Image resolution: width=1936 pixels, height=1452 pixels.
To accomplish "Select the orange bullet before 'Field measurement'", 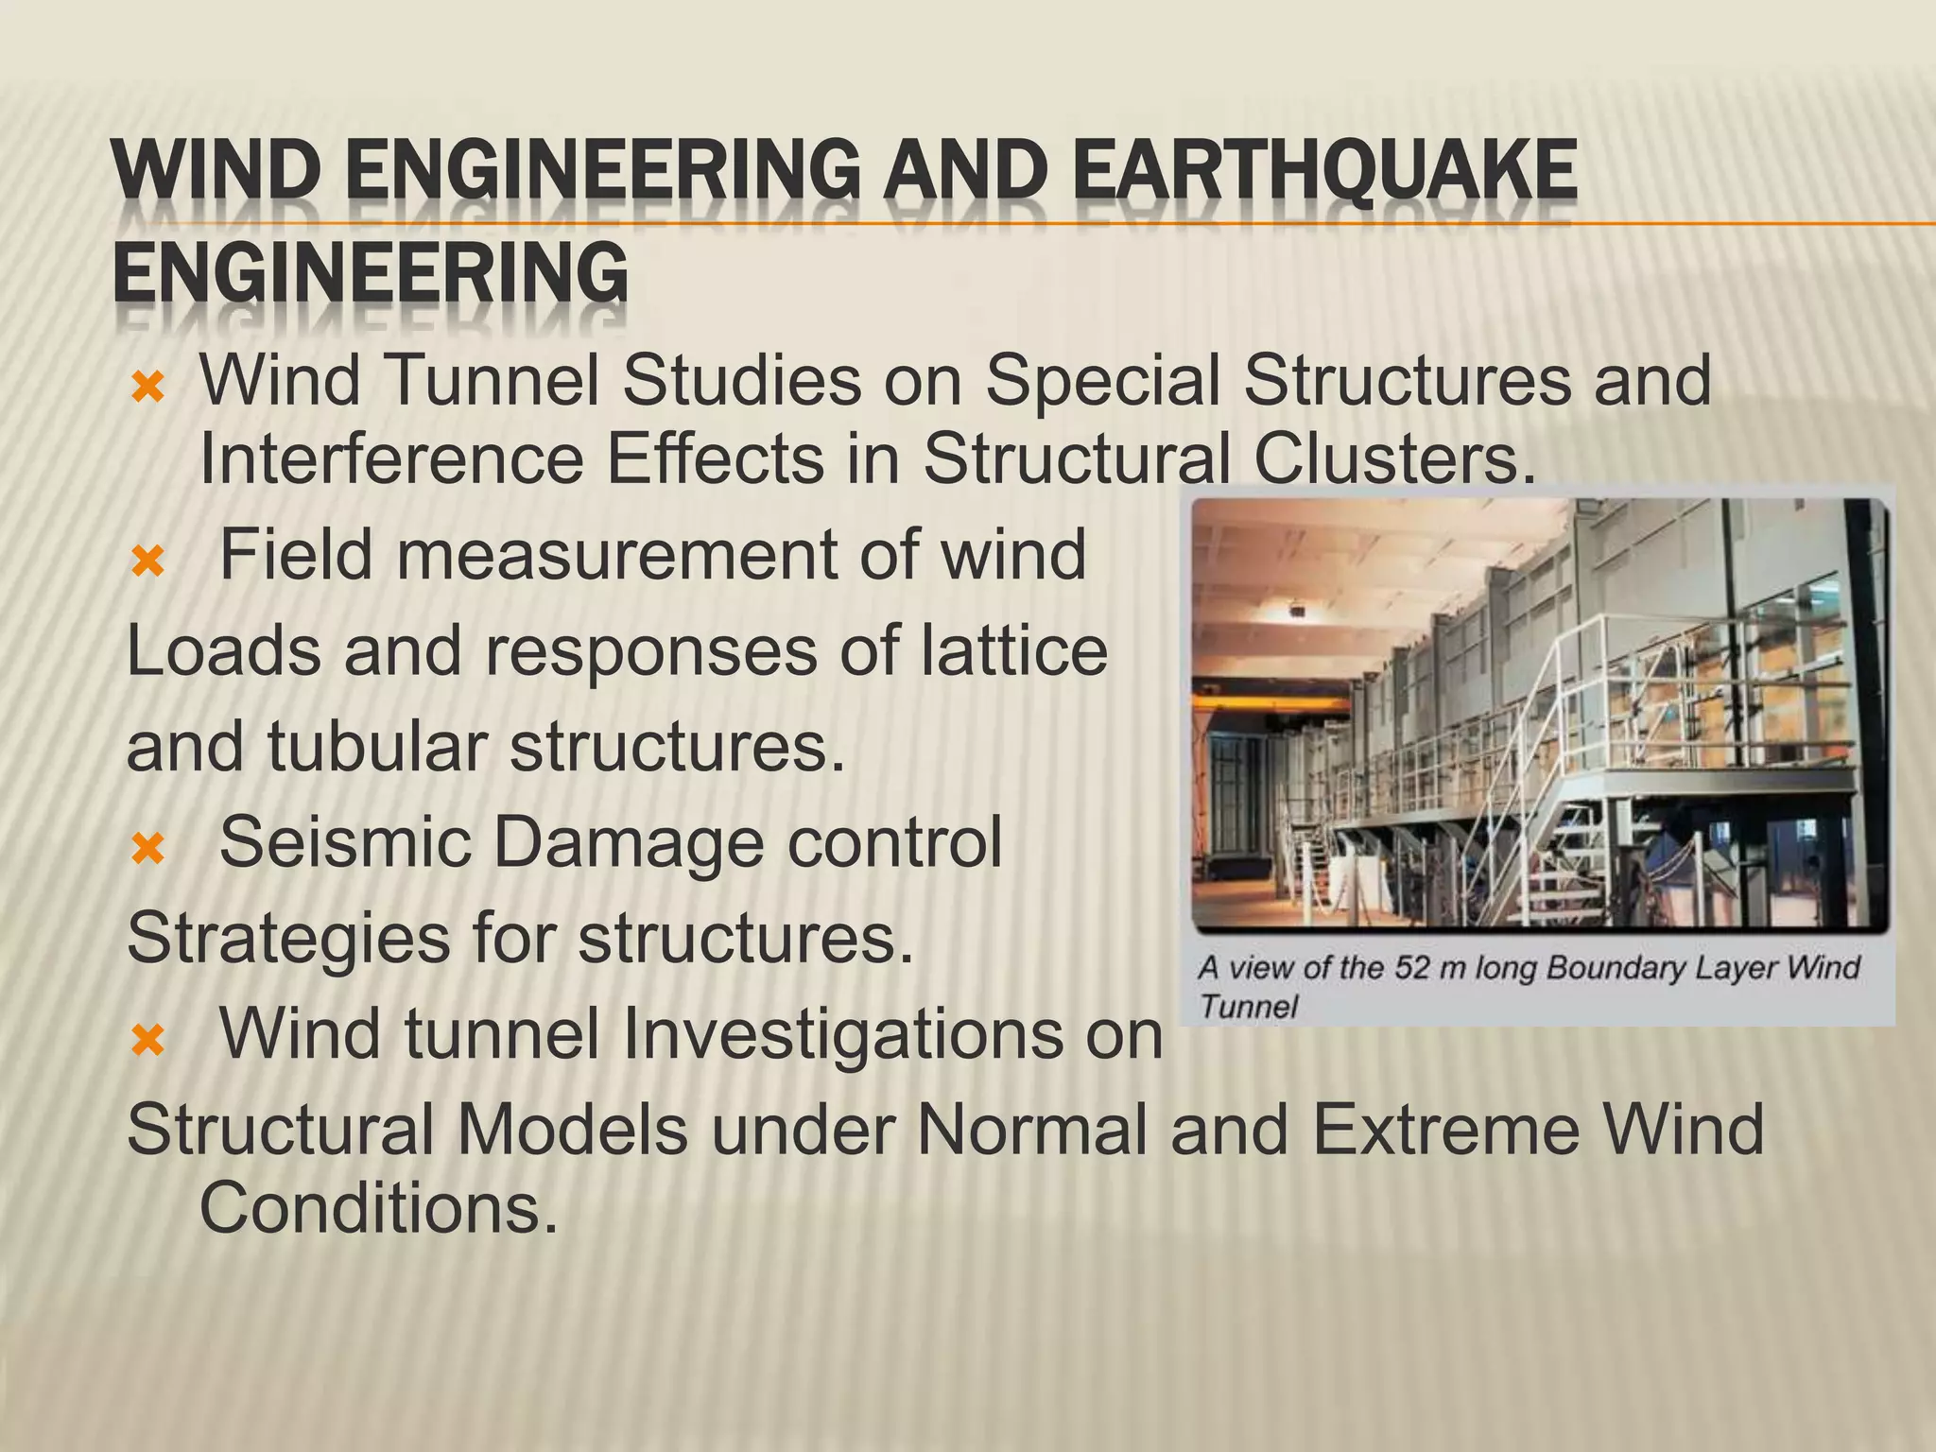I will pos(148,563).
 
